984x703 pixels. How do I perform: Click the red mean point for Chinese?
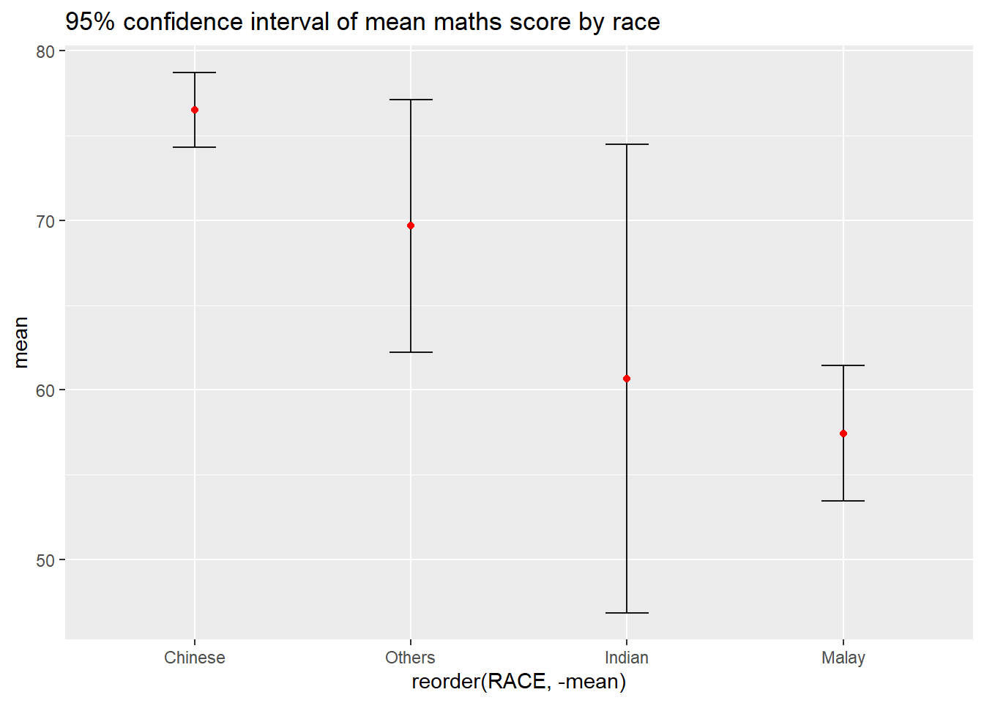point(195,110)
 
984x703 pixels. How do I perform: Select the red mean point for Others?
point(411,226)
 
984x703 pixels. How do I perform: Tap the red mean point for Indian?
point(627,379)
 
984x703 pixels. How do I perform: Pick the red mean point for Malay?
point(843,434)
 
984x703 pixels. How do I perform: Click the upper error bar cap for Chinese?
point(195,72)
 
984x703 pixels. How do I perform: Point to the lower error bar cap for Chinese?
point(195,147)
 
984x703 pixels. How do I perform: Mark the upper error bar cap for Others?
point(411,100)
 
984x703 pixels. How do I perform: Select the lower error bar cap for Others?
point(411,352)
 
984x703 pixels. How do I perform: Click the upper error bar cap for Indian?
point(627,144)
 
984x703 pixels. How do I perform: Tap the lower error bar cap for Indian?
point(627,612)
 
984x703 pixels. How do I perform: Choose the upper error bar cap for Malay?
point(843,365)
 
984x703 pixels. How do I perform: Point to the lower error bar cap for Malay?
point(843,501)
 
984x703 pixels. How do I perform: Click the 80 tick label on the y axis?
point(45,51)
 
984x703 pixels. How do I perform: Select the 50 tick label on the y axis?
point(45,560)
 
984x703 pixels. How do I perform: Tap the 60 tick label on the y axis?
point(45,390)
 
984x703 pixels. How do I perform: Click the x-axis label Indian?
point(627,658)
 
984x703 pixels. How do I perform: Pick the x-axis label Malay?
point(843,658)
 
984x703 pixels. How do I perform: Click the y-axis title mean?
point(20,342)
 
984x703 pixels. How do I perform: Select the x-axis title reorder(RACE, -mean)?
point(518,682)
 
